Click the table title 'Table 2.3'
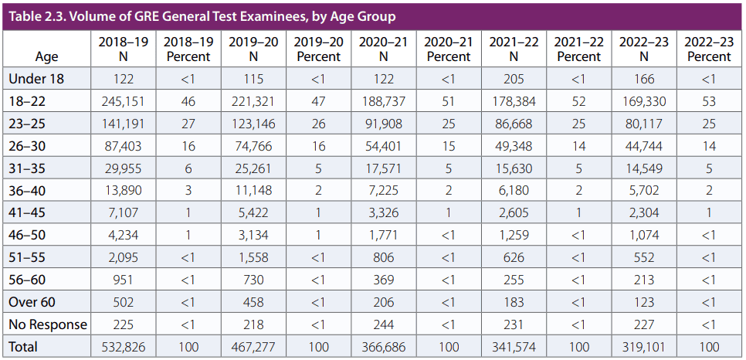click(x=201, y=16)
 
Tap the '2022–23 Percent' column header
click(x=709, y=49)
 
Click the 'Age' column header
click(x=46, y=57)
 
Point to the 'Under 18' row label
click(x=36, y=79)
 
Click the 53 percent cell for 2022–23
click(x=709, y=101)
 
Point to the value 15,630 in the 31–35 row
click(x=514, y=168)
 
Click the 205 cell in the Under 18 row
click(x=514, y=79)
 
